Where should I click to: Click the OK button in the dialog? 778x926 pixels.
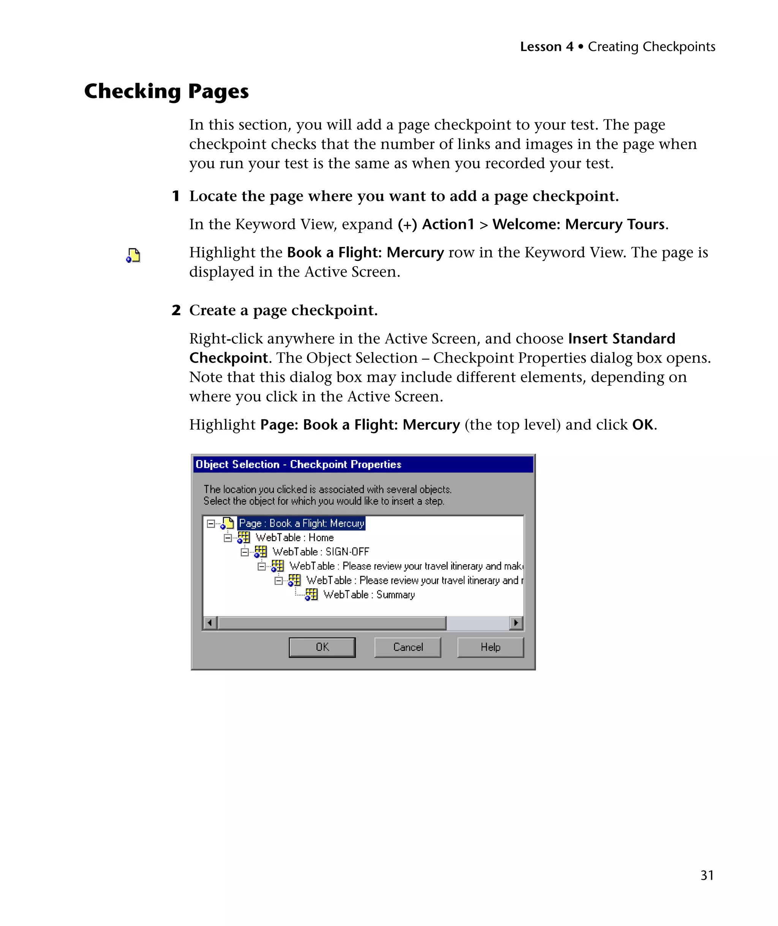click(x=322, y=647)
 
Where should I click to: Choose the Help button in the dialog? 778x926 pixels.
click(x=490, y=647)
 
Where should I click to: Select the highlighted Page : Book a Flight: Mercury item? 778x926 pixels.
click(x=301, y=523)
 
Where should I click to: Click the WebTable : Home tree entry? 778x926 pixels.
click(x=295, y=537)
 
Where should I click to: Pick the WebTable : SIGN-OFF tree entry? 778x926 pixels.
click(x=321, y=551)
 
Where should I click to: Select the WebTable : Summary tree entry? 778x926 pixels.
click(x=369, y=594)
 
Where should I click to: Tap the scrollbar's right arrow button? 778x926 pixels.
click(x=516, y=623)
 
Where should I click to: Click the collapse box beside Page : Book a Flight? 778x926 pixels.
click(x=211, y=524)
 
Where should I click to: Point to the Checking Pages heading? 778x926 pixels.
click(x=166, y=91)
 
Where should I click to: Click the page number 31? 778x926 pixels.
click(x=707, y=875)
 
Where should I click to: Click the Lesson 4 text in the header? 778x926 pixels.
click(x=546, y=47)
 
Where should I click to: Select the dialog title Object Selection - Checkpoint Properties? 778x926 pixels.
click(x=298, y=464)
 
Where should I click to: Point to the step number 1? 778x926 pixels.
click(x=176, y=196)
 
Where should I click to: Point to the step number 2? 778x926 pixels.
click(x=176, y=310)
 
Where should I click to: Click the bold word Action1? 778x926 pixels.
click(x=448, y=224)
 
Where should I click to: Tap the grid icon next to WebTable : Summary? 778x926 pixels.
click(x=311, y=595)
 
